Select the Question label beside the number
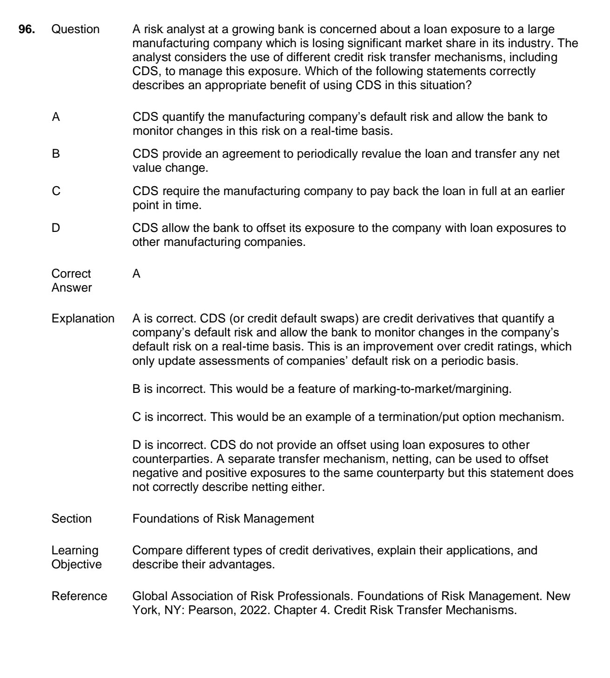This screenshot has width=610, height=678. [x=75, y=29]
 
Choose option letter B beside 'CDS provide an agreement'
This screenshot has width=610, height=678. [x=56, y=154]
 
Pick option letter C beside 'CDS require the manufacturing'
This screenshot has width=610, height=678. [x=56, y=192]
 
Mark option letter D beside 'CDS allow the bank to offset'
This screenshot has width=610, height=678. [x=56, y=228]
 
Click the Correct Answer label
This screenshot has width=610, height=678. [x=71, y=281]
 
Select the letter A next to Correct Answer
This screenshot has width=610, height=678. [x=137, y=274]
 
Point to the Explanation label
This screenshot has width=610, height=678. [x=82, y=319]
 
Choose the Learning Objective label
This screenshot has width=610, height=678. [x=76, y=558]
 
